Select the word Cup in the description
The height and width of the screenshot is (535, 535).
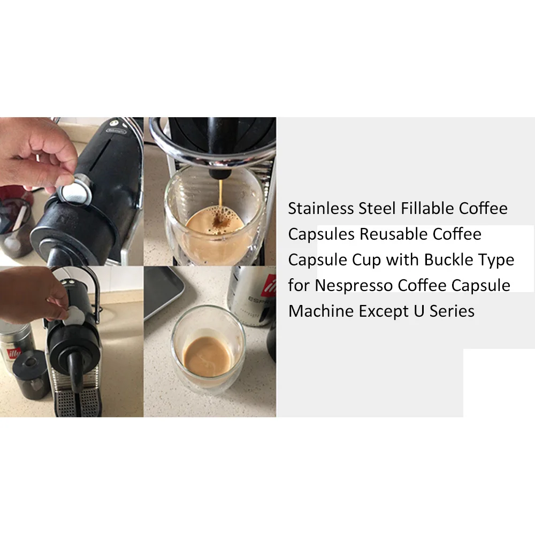366,261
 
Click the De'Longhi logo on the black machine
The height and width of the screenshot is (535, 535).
116,131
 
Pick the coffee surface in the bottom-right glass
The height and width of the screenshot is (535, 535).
207,356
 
